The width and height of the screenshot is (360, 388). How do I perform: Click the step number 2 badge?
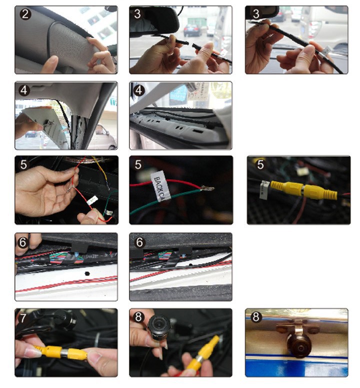(x=24, y=14)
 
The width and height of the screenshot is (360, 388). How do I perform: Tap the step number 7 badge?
(x=23, y=318)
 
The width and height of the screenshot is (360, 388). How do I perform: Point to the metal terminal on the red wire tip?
(x=206, y=188)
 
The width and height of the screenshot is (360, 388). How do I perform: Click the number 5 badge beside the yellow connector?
(x=259, y=164)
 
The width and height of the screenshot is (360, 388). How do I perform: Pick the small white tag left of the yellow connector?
(x=264, y=189)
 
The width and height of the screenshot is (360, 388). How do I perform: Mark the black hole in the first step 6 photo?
(x=86, y=274)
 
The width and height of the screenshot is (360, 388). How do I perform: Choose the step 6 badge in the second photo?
(x=138, y=241)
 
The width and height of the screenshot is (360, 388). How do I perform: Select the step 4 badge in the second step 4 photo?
(x=139, y=90)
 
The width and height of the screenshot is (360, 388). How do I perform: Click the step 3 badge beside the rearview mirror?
(x=138, y=14)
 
